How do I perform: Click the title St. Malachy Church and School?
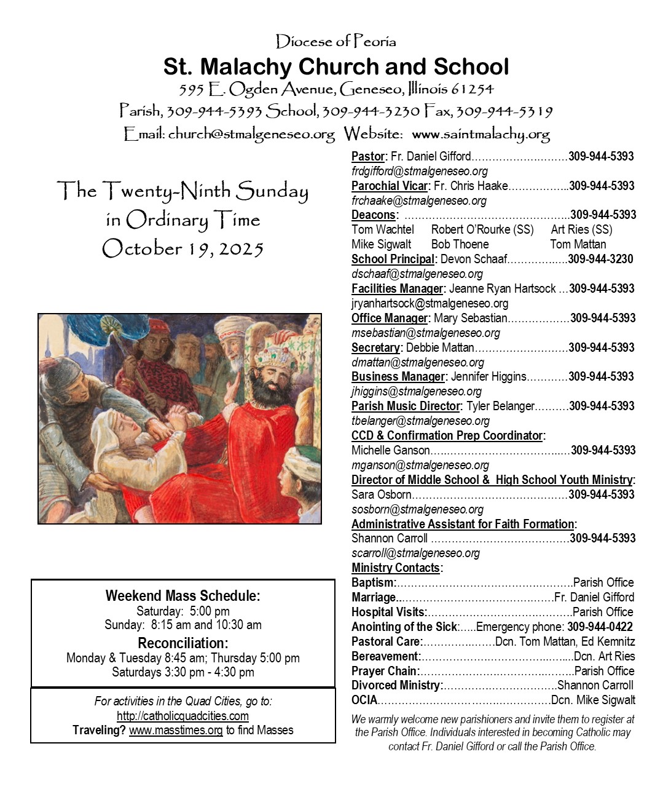coord(335,67)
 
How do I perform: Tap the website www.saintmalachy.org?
coord(481,134)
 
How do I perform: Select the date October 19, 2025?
coord(182,248)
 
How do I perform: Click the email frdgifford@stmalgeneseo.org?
coord(420,171)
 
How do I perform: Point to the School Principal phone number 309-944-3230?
coord(600,259)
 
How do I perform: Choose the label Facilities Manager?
coord(397,288)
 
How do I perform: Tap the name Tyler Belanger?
coord(500,406)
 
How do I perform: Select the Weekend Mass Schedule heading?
coord(182,595)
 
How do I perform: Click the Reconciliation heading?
coord(182,643)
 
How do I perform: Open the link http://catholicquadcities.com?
coord(182,716)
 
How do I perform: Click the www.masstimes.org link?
coord(176,730)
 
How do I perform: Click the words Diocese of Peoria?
coord(335,42)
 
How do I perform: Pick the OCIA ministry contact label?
coord(364,700)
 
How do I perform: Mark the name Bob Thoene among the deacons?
coord(460,244)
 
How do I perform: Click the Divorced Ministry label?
coord(396,685)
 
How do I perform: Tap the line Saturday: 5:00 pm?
coord(182,611)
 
